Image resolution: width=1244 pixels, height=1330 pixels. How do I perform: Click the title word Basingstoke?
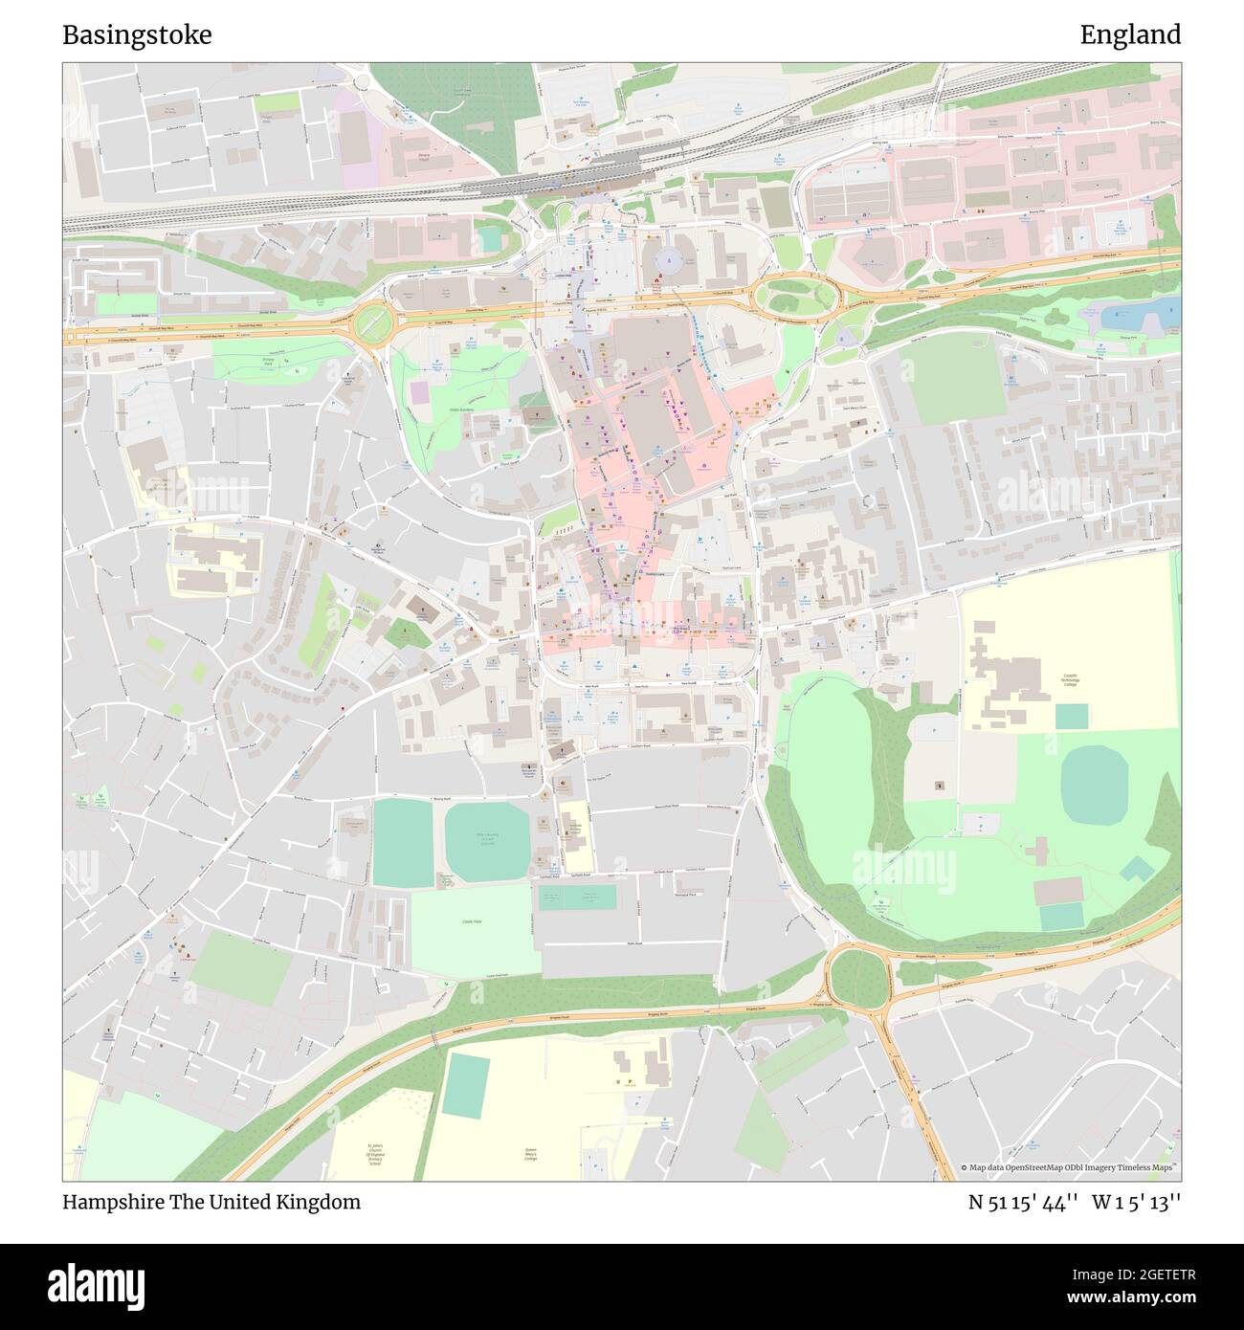pos(137,35)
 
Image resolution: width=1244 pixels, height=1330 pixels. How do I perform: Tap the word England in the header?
pos(1130,35)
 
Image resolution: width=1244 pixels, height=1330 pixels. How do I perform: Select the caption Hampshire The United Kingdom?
pos(211,1202)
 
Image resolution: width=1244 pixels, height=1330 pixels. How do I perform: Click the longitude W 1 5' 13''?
pos(1138,1202)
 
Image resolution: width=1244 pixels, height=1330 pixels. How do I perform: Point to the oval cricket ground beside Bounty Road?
pos(486,841)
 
